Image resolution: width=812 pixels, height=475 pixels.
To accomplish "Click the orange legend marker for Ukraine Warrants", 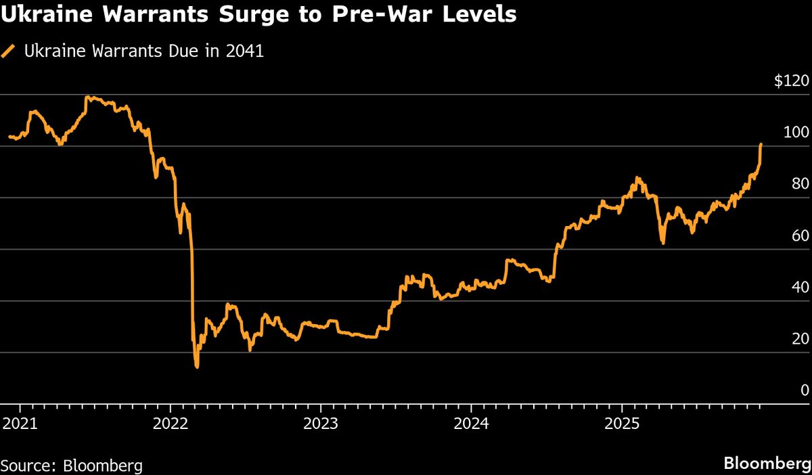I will point(9,51).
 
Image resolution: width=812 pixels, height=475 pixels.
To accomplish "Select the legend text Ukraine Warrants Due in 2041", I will point(143,51).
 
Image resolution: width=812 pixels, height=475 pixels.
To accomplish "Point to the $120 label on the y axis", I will point(791,81).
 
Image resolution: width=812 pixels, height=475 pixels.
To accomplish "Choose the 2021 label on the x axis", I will point(20,425).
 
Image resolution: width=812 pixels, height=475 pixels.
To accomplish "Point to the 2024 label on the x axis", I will point(471,425).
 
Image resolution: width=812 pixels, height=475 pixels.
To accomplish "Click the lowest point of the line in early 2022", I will point(197,367).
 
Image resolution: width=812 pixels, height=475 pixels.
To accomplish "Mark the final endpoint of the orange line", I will point(761,144).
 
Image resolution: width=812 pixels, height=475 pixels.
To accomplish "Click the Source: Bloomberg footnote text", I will point(71,466).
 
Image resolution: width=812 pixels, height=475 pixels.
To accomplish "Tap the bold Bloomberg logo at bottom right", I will point(767,464).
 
